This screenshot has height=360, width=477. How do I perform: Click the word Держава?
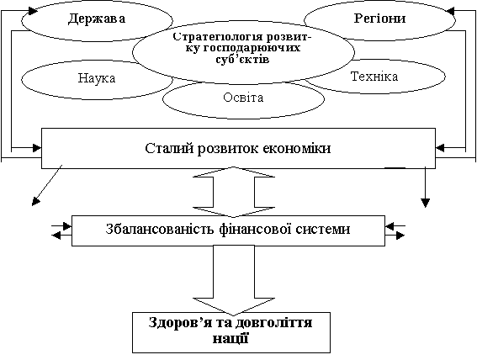(97, 19)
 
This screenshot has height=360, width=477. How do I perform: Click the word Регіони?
(379, 19)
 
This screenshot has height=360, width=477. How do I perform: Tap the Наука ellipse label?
(97, 78)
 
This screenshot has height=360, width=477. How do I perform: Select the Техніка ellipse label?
(374, 77)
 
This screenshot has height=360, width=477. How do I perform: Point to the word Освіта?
(243, 98)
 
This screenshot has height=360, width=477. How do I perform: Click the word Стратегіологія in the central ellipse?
(218, 37)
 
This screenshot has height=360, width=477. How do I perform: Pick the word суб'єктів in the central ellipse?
(243, 59)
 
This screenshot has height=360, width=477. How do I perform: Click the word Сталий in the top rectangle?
(169, 149)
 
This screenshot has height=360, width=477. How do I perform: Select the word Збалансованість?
(161, 229)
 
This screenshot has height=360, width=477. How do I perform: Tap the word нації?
(231, 338)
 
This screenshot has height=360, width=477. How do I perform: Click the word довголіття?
(273, 323)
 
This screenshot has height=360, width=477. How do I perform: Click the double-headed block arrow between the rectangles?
(234, 192)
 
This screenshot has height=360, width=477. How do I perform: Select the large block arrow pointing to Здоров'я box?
(234, 280)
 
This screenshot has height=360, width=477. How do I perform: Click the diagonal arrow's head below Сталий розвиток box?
(36, 202)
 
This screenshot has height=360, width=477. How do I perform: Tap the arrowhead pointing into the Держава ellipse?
(33, 11)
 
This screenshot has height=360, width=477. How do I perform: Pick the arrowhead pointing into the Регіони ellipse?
(451, 12)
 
